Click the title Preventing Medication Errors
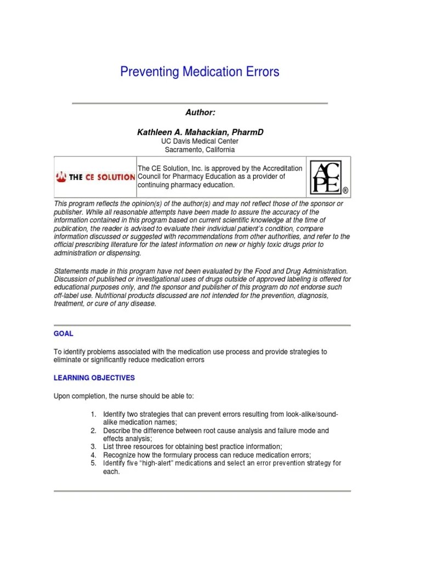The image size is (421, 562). [x=200, y=72]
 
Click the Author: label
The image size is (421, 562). [x=200, y=113]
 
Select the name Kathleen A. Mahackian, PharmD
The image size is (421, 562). [x=200, y=132]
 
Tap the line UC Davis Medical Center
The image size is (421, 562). [x=200, y=142]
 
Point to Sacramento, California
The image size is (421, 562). [x=200, y=150]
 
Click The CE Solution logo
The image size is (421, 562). [x=95, y=177]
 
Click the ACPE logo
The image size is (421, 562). [x=329, y=177]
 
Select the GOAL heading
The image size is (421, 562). [x=64, y=334]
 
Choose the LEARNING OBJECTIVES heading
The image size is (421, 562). [x=94, y=378]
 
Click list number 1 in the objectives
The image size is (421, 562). [x=94, y=413]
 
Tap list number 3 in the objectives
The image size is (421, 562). [x=94, y=447]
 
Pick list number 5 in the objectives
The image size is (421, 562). [x=94, y=463]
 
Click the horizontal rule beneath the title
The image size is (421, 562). [x=200, y=103]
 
